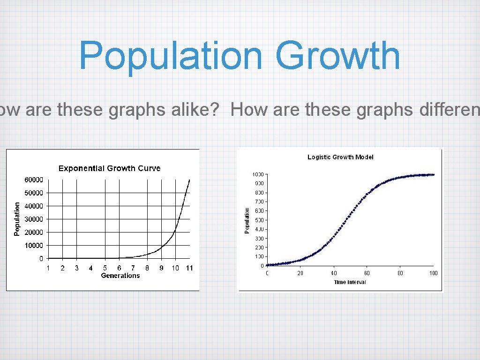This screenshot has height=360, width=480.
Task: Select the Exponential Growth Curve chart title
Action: pyautogui.click(x=109, y=168)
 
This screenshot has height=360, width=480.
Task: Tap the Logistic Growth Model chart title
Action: pyautogui.click(x=340, y=157)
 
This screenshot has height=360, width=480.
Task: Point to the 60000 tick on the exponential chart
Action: pyautogui.click(x=34, y=180)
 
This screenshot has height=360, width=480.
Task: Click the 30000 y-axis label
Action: pyautogui.click(x=34, y=219)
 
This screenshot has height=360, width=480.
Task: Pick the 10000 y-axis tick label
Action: pyautogui.click(x=34, y=245)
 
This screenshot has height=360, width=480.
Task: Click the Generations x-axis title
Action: pyautogui.click(x=120, y=276)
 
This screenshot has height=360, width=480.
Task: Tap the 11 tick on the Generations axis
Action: pyautogui.click(x=189, y=268)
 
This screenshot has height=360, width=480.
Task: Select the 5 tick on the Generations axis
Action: pyautogui.click(x=105, y=268)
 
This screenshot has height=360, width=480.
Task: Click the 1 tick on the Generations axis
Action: pyautogui.click(x=48, y=268)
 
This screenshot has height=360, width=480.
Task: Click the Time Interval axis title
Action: pyautogui.click(x=350, y=282)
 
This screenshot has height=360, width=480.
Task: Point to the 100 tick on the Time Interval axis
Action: pyautogui.click(x=433, y=273)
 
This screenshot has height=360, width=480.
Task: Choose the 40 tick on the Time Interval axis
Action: pyautogui.click(x=334, y=273)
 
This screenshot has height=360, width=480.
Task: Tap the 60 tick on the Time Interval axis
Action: pyautogui.click(x=367, y=273)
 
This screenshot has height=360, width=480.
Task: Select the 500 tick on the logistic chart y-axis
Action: pyautogui.click(x=259, y=220)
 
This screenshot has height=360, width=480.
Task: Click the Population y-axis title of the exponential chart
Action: pyautogui.click(x=17, y=219)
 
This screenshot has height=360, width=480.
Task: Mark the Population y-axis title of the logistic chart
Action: pyautogui.click(x=247, y=220)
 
